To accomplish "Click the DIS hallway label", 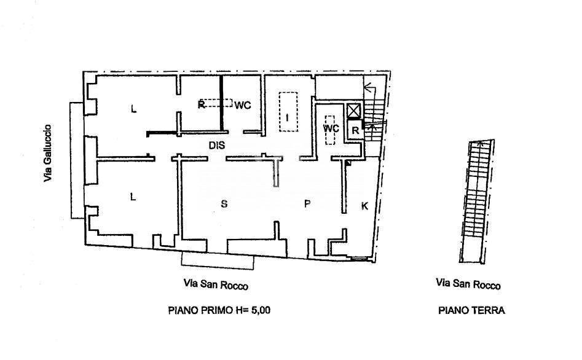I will (x=217, y=146).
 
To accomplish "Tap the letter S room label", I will (x=224, y=205).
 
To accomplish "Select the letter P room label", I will (x=307, y=205).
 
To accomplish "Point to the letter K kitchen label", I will (x=364, y=206).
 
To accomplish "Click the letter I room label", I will (x=286, y=117).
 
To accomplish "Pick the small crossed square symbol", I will (x=354, y=111).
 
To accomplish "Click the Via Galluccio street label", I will (x=47, y=153).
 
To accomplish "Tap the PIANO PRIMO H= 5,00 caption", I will (x=219, y=310).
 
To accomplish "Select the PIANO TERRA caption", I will (x=471, y=310).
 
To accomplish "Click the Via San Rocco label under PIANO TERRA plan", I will (x=468, y=284).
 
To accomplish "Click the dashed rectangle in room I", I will (x=288, y=111).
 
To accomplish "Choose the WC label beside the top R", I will (x=243, y=105).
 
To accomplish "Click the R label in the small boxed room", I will (x=355, y=130).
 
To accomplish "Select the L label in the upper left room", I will (x=133, y=110).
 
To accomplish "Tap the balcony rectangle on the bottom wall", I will (x=218, y=261).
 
